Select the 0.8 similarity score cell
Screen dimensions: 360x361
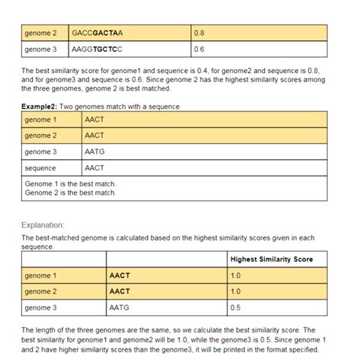200,33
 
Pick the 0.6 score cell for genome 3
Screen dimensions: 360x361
200,49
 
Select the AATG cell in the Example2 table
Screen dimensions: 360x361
94,151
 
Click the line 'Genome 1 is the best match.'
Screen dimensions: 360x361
70,184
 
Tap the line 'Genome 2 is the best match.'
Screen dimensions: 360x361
70,193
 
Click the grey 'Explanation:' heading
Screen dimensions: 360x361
43,225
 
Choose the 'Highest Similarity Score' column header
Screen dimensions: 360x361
272,260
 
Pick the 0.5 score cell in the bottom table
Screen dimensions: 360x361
235,307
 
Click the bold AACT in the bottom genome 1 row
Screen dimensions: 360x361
120,276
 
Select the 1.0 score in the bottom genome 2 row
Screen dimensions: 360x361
235,292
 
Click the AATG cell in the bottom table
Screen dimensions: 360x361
120,307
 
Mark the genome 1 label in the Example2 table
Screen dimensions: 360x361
41,119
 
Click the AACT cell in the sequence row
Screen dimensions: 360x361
94,167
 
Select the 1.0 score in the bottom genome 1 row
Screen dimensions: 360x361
235,276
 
